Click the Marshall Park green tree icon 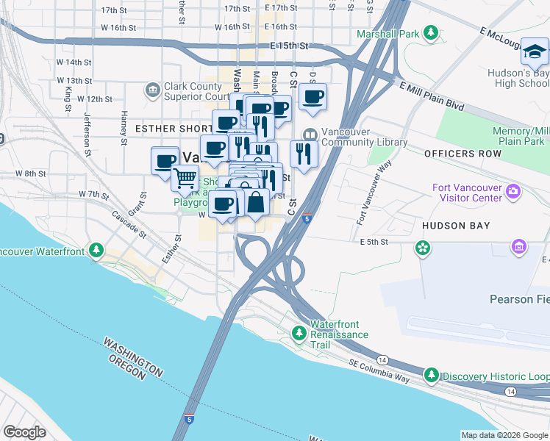[x=430, y=34]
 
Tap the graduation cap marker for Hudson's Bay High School [x=535, y=51]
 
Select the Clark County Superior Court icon [x=152, y=90]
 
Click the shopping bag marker [x=256, y=202]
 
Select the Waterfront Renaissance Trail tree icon [x=299, y=334]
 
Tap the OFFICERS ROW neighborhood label [x=463, y=154]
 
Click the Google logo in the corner [x=24, y=432]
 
